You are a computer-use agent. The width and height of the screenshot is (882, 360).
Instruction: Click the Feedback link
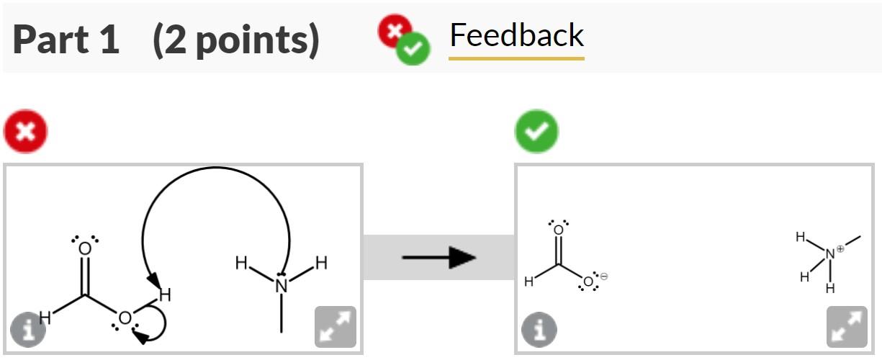click(x=516, y=36)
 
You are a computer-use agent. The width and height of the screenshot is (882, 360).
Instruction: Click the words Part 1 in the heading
click(x=66, y=40)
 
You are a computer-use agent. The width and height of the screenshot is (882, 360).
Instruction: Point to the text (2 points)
click(x=235, y=40)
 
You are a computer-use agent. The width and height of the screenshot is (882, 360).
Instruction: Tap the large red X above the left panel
click(x=25, y=132)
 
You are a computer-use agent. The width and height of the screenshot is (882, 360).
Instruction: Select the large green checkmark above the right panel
click(x=536, y=131)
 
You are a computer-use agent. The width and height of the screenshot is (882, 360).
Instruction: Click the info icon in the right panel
click(x=539, y=330)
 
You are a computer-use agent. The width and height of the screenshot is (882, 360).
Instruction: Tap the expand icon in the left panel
click(x=336, y=327)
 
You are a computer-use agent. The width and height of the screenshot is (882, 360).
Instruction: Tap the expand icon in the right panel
click(x=847, y=327)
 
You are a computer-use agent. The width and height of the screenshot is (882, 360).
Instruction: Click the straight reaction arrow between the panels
click(x=438, y=257)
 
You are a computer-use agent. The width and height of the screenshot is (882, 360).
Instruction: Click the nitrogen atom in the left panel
click(x=282, y=285)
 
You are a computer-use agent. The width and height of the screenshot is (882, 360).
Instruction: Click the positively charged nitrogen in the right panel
click(x=830, y=253)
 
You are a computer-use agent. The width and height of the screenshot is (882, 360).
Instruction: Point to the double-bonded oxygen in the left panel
click(x=85, y=249)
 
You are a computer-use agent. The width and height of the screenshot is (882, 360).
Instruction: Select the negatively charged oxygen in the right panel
click(x=588, y=282)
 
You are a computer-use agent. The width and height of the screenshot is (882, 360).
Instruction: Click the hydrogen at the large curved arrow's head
click(x=165, y=294)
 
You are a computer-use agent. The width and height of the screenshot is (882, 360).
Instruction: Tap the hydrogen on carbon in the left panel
click(x=45, y=316)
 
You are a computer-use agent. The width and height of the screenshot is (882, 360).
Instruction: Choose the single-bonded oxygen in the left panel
click(x=125, y=318)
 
